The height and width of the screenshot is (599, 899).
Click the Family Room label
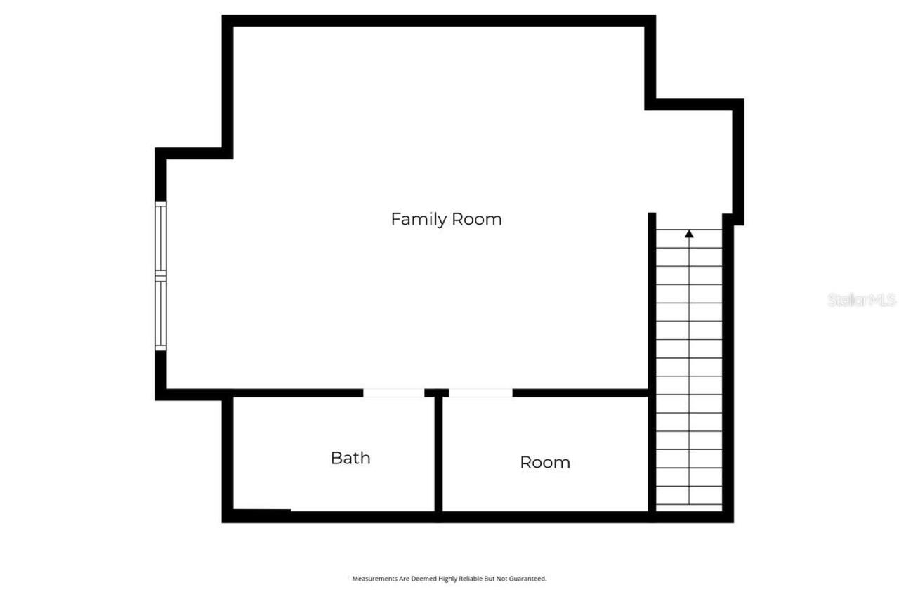446,219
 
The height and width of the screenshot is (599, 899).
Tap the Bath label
350,458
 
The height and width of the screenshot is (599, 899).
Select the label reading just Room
545,462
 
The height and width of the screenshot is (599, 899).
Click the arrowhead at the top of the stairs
689,234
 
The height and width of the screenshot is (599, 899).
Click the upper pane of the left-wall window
161,238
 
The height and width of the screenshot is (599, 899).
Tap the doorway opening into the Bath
393,393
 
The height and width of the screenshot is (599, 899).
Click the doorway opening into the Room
480,393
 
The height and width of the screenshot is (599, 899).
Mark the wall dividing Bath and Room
438,456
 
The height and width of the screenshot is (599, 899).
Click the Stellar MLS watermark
862,300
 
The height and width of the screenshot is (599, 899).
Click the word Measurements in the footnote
372,579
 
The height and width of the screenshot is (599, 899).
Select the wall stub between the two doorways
437,393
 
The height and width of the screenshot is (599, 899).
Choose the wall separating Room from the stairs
651,449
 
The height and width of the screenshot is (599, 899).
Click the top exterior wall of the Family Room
439,20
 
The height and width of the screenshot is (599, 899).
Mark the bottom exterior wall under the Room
544,518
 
